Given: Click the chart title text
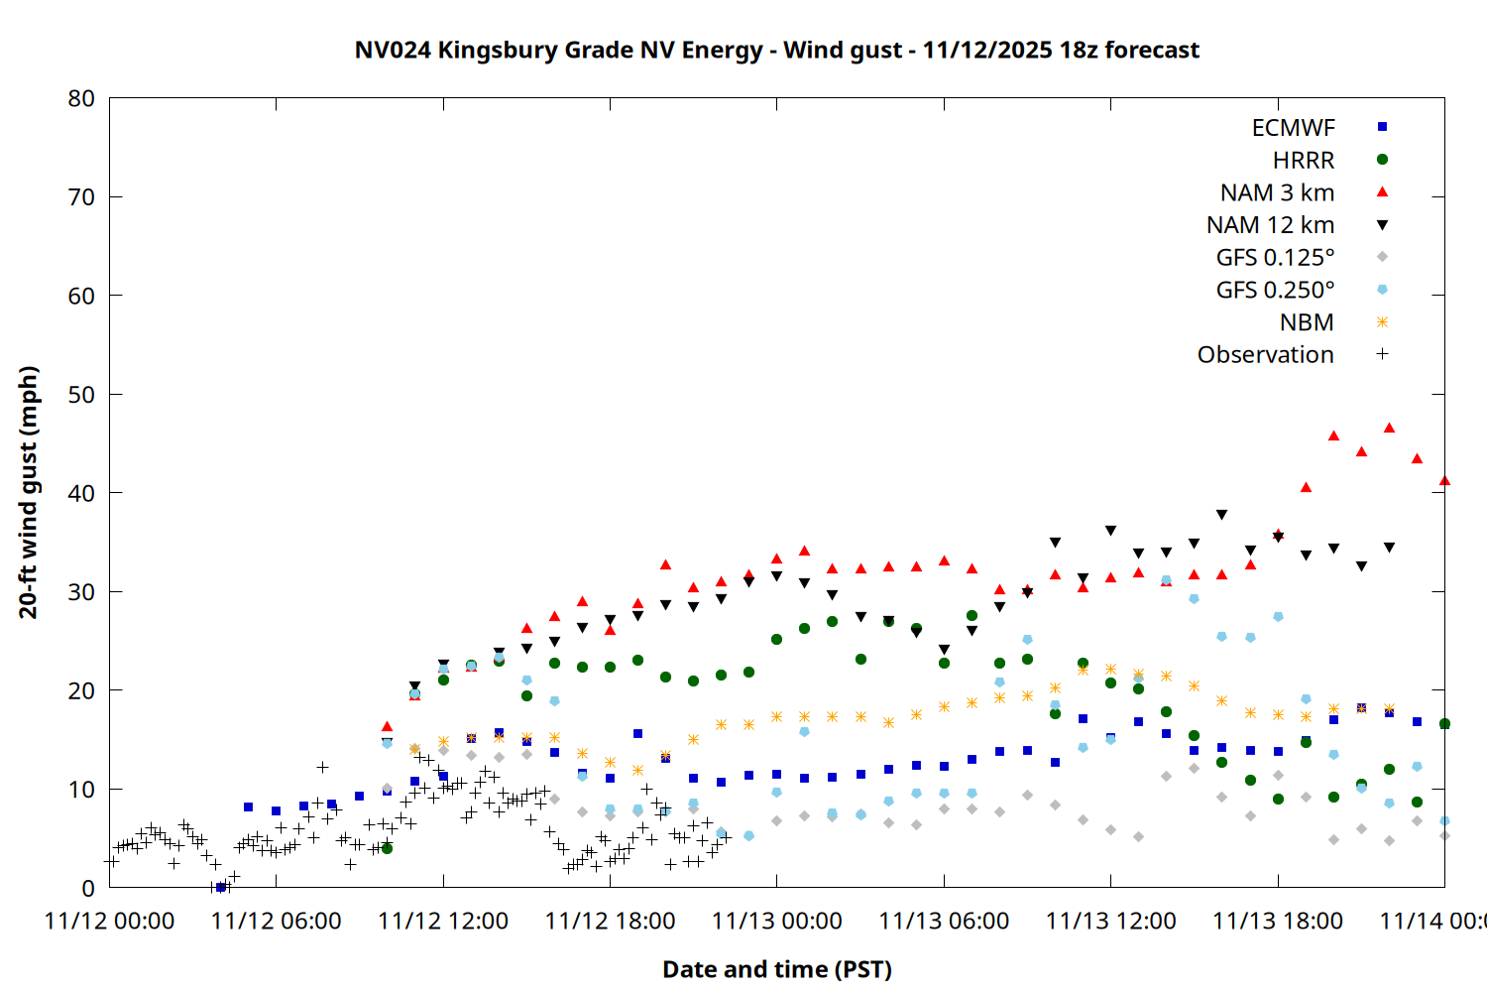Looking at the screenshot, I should (x=776, y=50).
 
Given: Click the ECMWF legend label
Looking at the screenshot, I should (x=1293, y=128).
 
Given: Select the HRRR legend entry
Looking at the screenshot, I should (x=1304, y=161).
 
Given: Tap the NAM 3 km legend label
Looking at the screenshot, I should (x=1277, y=192).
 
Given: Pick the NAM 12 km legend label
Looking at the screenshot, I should (x=1270, y=225).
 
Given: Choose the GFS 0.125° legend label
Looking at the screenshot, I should (x=1275, y=258).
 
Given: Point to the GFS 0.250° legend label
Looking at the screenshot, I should (x=1275, y=290).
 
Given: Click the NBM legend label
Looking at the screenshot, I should (x=1307, y=322).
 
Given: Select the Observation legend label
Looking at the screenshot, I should (x=1265, y=355).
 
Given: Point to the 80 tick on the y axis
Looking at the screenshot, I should (x=81, y=98).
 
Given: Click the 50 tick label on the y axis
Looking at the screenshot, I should (x=81, y=395).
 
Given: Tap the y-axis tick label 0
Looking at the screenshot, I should (x=88, y=888).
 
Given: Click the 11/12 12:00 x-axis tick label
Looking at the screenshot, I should (x=443, y=921).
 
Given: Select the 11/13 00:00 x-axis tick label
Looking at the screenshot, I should (x=777, y=921).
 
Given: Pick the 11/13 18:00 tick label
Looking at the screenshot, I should (x=1278, y=921).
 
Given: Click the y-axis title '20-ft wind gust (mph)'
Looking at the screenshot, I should (x=29, y=492).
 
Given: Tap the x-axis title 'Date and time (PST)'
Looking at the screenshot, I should (x=776, y=969).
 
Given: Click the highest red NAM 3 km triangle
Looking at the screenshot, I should (x=1389, y=428).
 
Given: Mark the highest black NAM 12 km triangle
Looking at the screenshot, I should (x=1221, y=515).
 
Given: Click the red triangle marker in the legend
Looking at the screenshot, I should (x=1382, y=192).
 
